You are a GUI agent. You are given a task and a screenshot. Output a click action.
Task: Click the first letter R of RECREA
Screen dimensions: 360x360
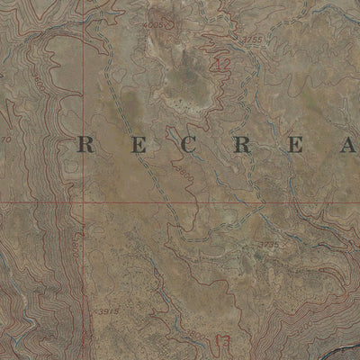click(x=87, y=144)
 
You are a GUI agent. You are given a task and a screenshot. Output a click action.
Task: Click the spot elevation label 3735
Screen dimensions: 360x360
click(x=267, y=243)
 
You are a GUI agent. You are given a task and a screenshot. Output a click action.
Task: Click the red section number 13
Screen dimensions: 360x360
click(x=224, y=343)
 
